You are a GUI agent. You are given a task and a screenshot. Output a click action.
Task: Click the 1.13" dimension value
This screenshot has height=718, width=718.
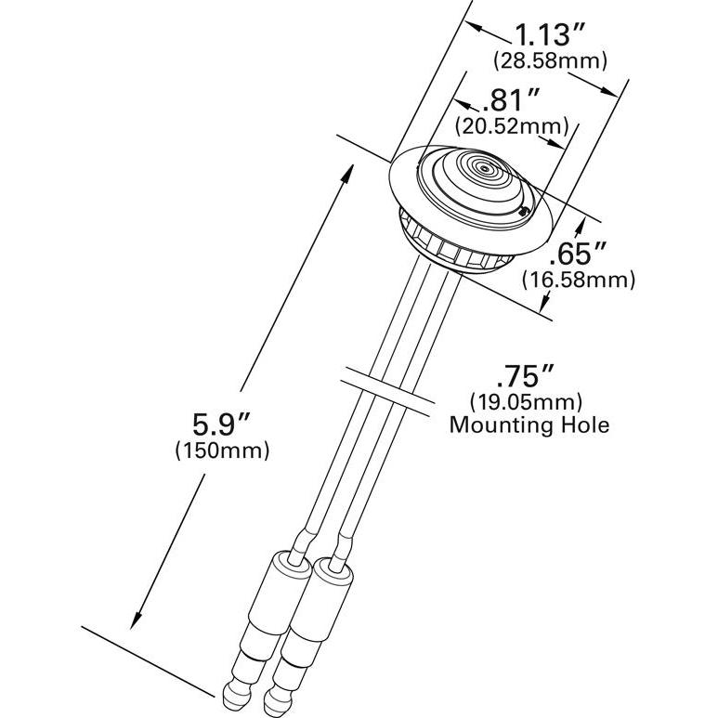pos(552,37)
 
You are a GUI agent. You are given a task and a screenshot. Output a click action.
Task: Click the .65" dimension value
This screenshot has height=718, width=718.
pos(576,254)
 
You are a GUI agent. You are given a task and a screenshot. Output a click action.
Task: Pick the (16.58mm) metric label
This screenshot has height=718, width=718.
pos(578,278)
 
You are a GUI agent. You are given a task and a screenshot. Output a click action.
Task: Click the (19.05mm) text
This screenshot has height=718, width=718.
pos(526,402)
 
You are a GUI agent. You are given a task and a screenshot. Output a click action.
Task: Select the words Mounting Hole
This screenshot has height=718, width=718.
pos(529,425)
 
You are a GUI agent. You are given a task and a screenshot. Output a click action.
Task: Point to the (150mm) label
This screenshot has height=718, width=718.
pos(222,451)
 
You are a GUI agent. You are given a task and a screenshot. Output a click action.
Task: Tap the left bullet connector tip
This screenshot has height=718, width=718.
pos(233,694)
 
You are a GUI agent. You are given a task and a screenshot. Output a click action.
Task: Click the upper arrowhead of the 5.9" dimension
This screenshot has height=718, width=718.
pos(351,168)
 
